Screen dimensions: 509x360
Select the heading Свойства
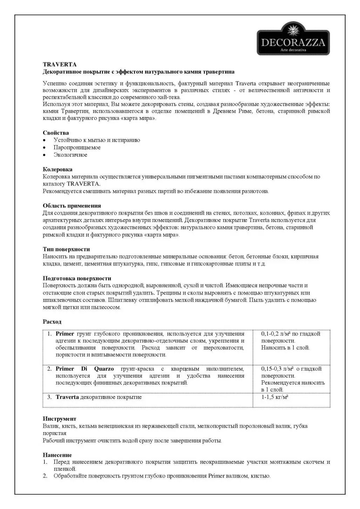click(56, 133)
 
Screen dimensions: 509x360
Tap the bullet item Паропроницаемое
click(77, 148)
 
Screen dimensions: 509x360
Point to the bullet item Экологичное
click(70, 155)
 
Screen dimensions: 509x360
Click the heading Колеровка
click(57, 169)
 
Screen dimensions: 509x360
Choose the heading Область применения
click(72, 206)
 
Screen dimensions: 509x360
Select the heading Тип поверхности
click(66, 249)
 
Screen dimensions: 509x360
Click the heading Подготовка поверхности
click(77, 278)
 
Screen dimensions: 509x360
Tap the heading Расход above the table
click(52, 322)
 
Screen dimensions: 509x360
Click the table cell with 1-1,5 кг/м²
click(275, 397)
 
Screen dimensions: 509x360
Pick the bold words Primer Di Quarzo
click(84, 369)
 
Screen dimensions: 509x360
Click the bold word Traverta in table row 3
click(67, 397)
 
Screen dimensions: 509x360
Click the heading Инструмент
click(59, 419)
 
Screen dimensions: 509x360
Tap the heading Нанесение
click(57, 455)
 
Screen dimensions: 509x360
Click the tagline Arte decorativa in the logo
click(293, 50)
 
